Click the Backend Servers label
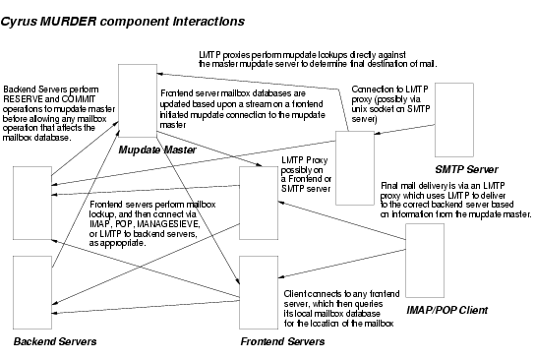tap(55, 341)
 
